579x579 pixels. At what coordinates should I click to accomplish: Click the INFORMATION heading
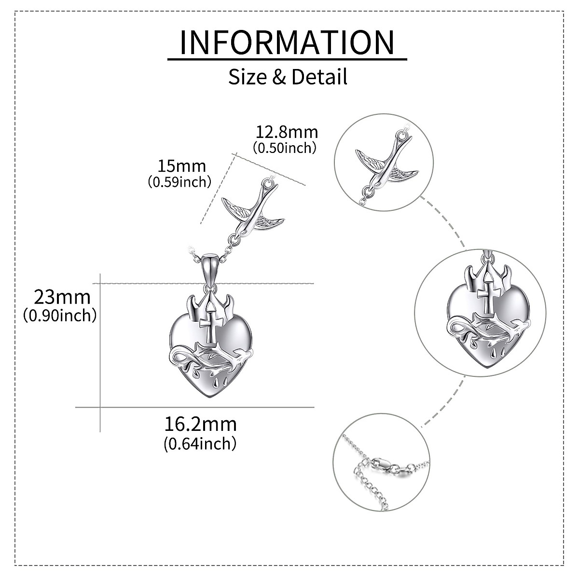[x=287, y=42]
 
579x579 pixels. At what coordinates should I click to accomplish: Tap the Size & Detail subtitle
[x=288, y=77]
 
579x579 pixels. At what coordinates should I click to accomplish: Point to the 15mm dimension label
[x=182, y=166]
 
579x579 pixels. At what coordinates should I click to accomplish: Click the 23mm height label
[x=62, y=296]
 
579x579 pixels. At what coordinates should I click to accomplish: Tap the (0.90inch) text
[x=60, y=316]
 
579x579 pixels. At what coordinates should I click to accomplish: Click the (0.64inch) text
[x=200, y=442]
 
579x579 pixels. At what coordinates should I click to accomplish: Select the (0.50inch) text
[x=285, y=148]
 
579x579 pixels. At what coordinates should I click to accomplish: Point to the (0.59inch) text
[x=180, y=182]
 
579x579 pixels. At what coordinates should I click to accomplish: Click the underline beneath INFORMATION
[x=287, y=59]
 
